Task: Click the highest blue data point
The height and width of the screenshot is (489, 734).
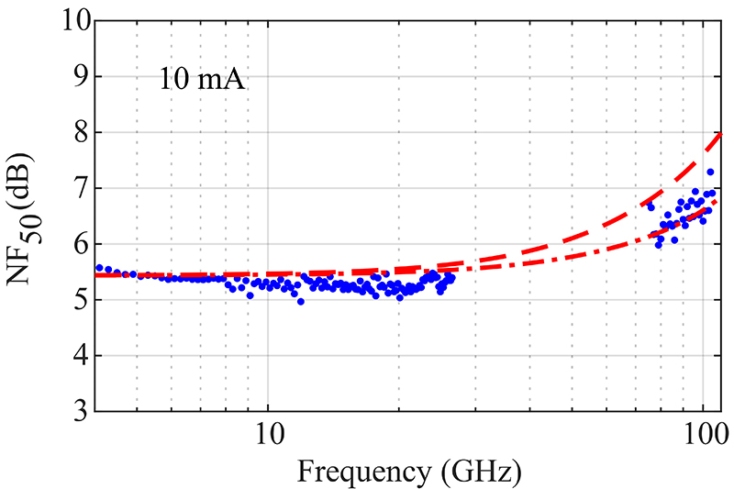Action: (710, 172)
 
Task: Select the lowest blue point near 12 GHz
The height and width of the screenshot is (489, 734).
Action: (300, 301)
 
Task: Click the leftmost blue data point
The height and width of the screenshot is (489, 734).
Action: (99, 267)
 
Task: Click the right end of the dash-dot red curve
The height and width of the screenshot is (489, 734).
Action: (716, 201)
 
